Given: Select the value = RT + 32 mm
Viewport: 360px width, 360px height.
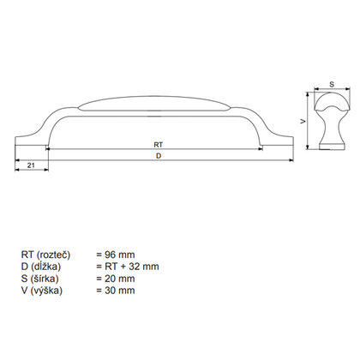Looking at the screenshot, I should coord(127,267).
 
